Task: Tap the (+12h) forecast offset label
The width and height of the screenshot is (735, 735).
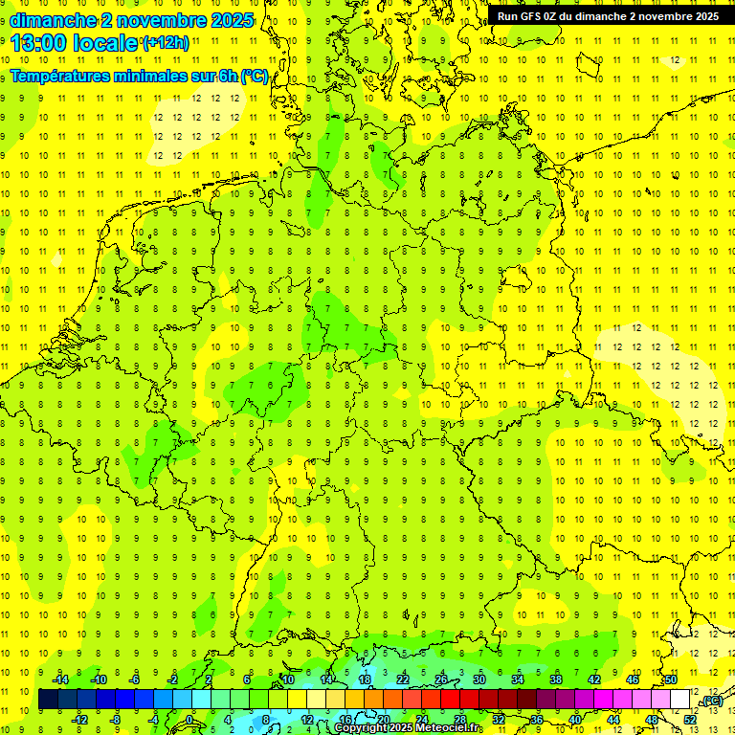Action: [x=166, y=43]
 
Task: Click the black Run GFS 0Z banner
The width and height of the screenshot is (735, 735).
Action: [x=609, y=16]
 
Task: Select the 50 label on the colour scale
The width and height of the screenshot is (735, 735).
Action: [x=671, y=679]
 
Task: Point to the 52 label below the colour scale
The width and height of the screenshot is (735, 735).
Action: [x=690, y=719]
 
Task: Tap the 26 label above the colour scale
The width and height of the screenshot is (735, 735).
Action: [x=441, y=679]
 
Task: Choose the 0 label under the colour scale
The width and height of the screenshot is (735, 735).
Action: [x=189, y=719]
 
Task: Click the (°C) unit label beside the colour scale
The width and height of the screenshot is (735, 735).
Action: [x=711, y=702]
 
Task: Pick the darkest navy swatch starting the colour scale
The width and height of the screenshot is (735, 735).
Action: [x=48, y=700]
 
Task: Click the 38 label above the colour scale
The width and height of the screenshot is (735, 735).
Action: [x=556, y=679]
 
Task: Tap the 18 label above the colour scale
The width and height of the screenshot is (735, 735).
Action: [x=365, y=679]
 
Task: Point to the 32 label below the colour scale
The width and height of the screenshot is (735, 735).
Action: [x=499, y=719]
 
